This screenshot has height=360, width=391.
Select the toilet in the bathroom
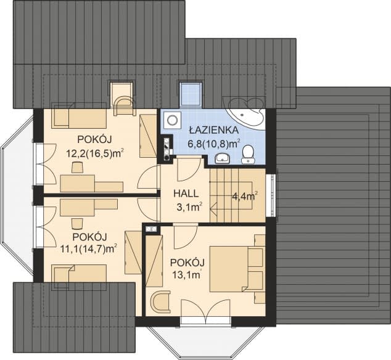click(248, 153)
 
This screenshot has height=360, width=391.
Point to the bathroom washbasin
click(223, 159)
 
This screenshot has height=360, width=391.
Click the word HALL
click(184, 193)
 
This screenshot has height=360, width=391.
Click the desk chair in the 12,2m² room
click(77, 168)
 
